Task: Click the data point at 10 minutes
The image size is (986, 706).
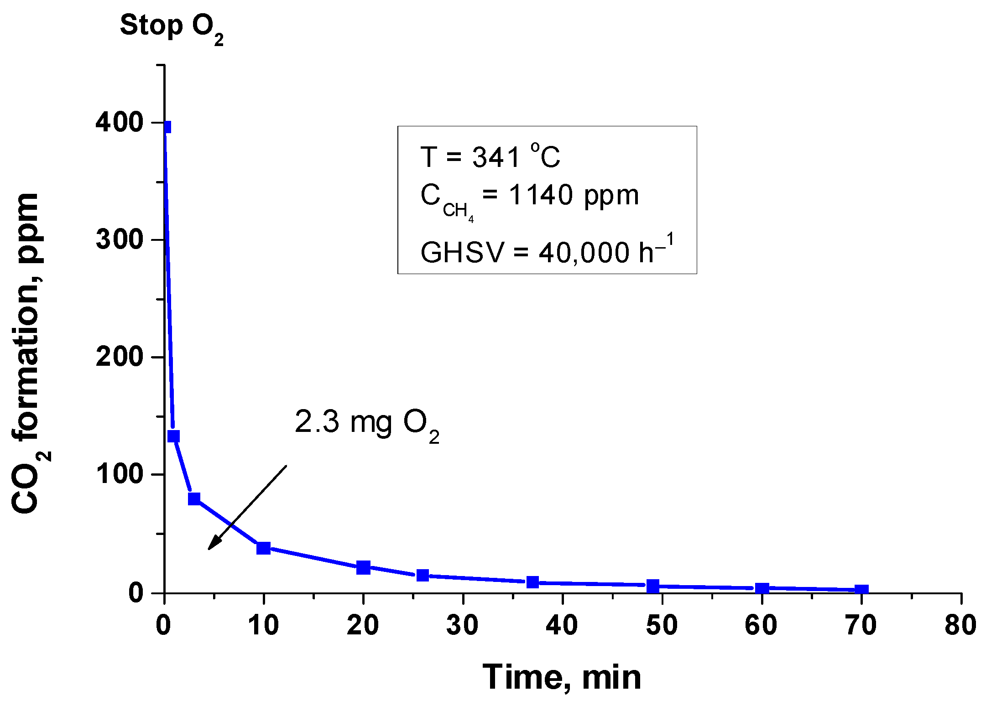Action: (x=263, y=548)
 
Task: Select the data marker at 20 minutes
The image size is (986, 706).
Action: (x=363, y=567)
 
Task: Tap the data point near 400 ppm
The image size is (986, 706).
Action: (x=167, y=127)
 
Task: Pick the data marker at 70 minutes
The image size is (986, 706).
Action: (x=861, y=590)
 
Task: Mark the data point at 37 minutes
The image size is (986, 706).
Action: (x=532, y=582)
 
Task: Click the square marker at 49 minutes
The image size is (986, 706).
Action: (x=652, y=586)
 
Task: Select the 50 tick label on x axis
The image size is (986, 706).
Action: (x=662, y=625)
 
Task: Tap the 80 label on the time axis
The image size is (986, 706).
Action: (x=960, y=625)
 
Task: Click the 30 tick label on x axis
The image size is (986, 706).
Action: (x=462, y=625)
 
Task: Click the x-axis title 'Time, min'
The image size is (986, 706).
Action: (x=562, y=678)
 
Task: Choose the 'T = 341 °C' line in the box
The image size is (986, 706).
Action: (x=490, y=157)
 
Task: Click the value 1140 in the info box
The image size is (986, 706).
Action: (x=541, y=195)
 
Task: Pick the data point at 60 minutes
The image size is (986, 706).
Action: (x=762, y=588)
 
